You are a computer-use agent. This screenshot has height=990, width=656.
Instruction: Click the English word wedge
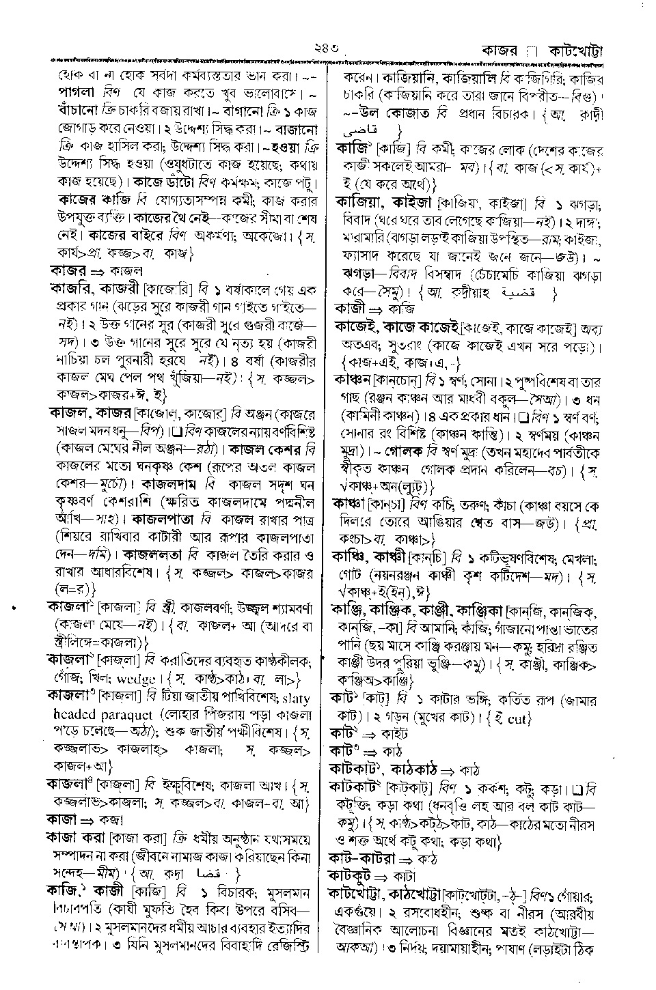point(138,679)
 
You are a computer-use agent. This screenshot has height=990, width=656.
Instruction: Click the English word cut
point(519,718)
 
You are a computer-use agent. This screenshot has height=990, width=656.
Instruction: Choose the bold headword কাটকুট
point(353,875)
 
